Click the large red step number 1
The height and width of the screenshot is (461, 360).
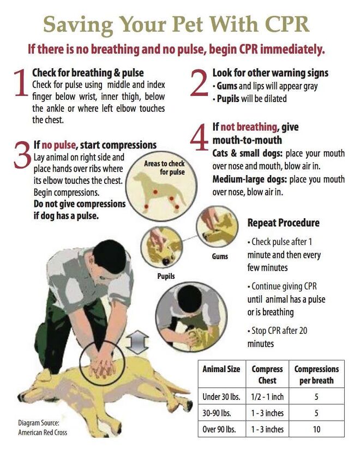pos(21,83)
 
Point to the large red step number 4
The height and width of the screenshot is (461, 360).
pos(200,137)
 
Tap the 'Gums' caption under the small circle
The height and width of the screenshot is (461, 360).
pos(220,255)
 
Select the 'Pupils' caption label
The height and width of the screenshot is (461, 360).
pos(166,276)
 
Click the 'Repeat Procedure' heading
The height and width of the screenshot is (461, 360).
pos(283,223)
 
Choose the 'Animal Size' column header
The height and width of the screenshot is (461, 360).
pos(221,369)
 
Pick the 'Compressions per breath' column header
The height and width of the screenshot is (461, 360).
pos(316,375)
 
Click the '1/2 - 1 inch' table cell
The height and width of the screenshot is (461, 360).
pos(267,397)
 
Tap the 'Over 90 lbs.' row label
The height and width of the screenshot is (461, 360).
pos(219,429)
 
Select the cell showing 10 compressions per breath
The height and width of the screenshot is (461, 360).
pos(316,429)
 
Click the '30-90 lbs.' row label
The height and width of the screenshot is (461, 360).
pos(219,413)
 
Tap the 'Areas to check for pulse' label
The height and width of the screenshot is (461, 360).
pos(165,167)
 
